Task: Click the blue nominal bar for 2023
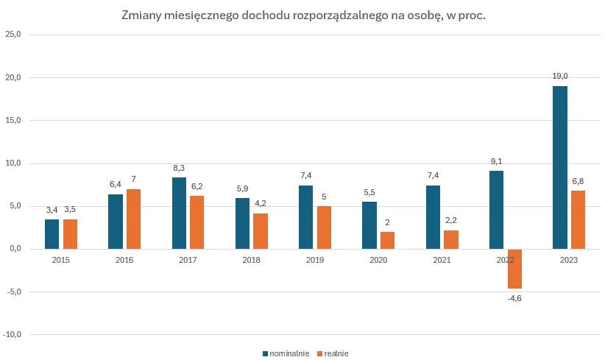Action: (x=559, y=168)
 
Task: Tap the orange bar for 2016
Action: (x=133, y=219)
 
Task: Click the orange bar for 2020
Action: (x=387, y=241)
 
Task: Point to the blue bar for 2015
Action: (x=52, y=234)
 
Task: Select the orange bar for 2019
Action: (x=324, y=227)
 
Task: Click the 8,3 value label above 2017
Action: (x=179, y=168)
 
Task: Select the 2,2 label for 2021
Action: (x=450, y=220)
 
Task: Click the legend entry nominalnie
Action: (x=289, y=353)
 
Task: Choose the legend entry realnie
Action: (x=336, y=353)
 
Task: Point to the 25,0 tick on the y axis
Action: (x=13, y=35)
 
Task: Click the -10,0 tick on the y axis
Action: (x=13, y=334)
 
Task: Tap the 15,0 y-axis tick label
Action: (x=13, y=120)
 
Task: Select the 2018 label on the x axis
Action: (x=251, y=260)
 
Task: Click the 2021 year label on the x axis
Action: (x=442, y=260)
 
